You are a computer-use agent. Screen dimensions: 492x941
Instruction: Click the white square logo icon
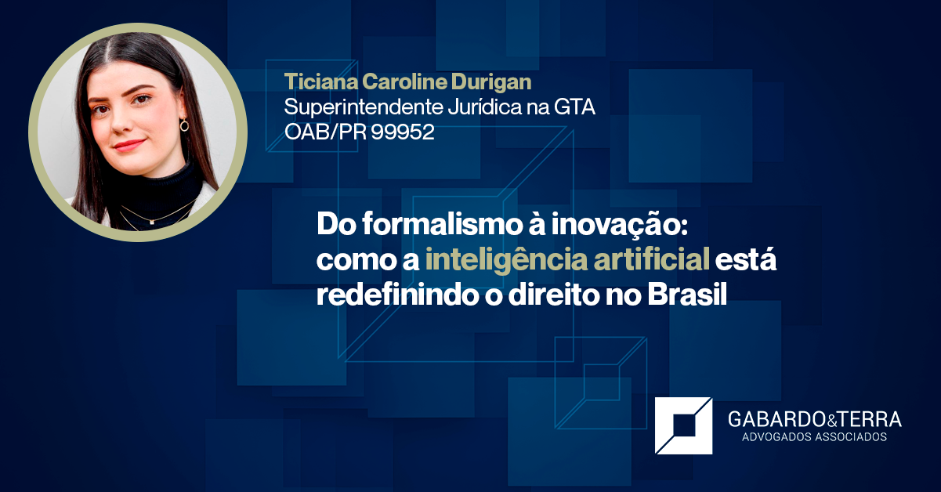(x=683, y=425)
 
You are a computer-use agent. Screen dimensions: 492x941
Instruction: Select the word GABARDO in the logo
(x=774, y=420)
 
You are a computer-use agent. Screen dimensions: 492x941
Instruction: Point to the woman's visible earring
(x=184, y=125)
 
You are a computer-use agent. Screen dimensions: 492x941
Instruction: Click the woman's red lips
(x=129, y=145)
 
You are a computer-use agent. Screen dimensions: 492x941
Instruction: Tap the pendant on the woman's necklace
(x=150, y=223)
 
